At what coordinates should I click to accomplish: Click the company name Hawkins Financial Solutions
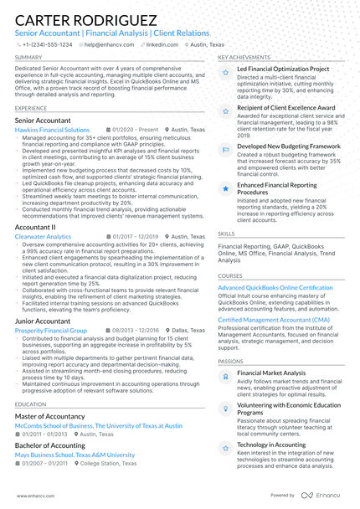click(x=52, y=131)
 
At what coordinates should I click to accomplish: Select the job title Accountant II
click(x=35, y=227)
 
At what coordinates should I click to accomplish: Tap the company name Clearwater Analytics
click(x=43, y=237)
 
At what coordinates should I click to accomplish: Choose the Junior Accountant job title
click(x=43, y=321)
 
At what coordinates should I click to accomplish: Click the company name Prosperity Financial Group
click(x=50, y=331)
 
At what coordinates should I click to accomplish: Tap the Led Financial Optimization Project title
click(x=283, y=69)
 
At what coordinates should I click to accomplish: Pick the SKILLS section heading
click(x=226, y=234)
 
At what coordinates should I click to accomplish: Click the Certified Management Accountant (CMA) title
click(x=273, y=320)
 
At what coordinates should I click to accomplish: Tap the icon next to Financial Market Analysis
click(x=225, y=377)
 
